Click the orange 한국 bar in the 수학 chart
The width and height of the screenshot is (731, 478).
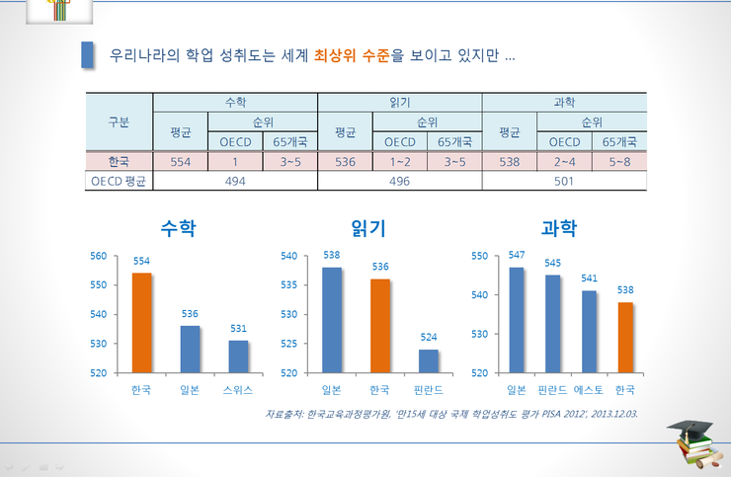tap(142, 323)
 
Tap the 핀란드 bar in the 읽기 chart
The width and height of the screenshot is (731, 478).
tap(428, 361)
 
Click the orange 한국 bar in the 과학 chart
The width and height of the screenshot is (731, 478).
tap(625, 338)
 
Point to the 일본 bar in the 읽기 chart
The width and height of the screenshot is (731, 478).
tap(332, 320)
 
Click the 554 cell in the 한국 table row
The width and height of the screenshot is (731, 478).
tap(181, 161)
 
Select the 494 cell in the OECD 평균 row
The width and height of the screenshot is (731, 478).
tap(235, 181)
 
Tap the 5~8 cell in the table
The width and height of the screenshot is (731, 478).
tap(618, 161)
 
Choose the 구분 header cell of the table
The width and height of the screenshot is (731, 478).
tap(119, 121)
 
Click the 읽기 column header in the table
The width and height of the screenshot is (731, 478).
tap(399, 102)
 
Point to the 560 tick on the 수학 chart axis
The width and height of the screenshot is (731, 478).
tap(98, 256)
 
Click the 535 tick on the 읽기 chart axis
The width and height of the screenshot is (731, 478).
tap(288, 284)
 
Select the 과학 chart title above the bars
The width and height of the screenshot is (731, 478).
tap(560, 228)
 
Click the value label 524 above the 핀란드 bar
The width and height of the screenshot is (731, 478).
tap(428, 337)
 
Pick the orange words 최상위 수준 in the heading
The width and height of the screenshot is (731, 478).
tap(351, 55)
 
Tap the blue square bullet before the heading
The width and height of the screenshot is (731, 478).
tap(88, 54)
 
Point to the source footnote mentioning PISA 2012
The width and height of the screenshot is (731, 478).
tap(450, 413)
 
